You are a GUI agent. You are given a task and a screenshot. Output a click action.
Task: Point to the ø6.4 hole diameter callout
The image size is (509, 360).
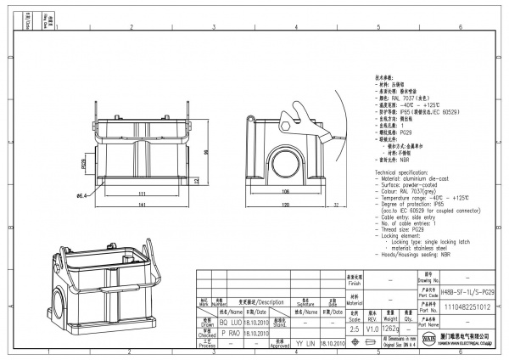coord(83,196)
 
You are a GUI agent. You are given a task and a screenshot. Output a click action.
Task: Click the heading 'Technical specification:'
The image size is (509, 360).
coord(405,172)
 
